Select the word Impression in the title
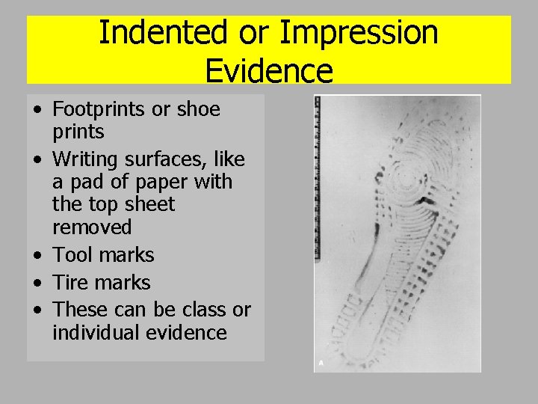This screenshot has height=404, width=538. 359,33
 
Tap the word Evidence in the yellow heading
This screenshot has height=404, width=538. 268,70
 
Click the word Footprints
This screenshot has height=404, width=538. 99,109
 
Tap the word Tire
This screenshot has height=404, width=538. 72,283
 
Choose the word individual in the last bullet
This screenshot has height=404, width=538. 98,332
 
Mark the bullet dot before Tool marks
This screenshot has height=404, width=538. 37,256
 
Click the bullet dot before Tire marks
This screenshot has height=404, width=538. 37,284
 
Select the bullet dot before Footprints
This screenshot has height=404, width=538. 37,110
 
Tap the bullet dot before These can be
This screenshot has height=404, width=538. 37,310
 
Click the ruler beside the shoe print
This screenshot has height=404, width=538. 318,180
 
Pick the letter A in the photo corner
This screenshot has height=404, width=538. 321,363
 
